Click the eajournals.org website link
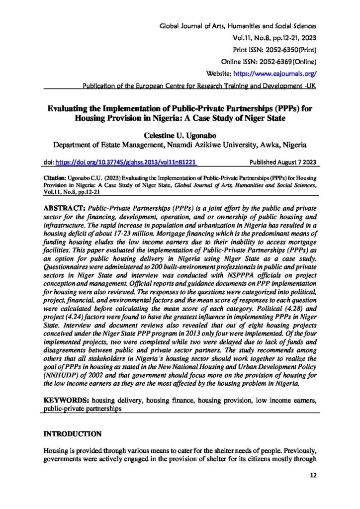point(284,73)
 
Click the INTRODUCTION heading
point(73,434)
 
